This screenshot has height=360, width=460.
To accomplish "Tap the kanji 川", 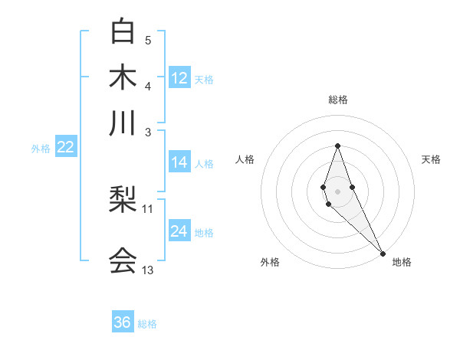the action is (123, 123).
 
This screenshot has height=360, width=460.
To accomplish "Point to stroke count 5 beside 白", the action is (148, 40).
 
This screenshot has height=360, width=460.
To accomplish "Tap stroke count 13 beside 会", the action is (148, 270).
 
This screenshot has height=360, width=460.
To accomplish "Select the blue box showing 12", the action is (179, 77).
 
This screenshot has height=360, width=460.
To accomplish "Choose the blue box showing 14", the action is (179, 162).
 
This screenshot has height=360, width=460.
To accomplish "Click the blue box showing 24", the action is (179, 231).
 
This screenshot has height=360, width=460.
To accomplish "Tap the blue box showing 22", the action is (65, 147).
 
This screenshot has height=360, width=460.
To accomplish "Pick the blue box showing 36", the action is (123, 322).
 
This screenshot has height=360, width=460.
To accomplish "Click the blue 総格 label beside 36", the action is (147, 324).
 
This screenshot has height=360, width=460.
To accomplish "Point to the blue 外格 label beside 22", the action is (41, 149).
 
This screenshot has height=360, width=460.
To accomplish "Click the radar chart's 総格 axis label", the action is (338, 100).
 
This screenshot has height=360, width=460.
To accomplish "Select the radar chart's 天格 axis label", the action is (431, 159).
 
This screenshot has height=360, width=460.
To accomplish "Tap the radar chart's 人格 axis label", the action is (245, 159).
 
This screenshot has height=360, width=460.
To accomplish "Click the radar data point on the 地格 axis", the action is (383, 254).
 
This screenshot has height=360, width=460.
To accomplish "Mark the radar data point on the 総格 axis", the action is (338, 146).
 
